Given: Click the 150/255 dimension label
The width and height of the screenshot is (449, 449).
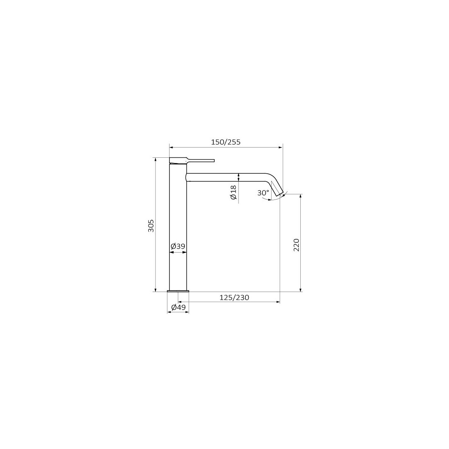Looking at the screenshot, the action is pyautogui.click(x=226, y=142).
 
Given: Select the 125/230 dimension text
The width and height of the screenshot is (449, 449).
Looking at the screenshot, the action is pyautogui.click(x=234, y=298).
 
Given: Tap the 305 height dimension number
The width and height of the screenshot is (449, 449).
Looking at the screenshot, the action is pyautogui.click(x=151, y=226).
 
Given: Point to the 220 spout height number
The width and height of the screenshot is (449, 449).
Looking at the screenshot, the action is pyautogui.click(x=296, y=245).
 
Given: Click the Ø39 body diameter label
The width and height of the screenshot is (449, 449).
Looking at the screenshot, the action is pyautogui.click(x=178, y=246).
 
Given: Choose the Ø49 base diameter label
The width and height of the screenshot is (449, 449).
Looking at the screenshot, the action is pyautogui.click(x=178, y=307).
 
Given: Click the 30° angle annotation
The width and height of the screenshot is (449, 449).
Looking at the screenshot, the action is pyautogui.click(x=262, y=193).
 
